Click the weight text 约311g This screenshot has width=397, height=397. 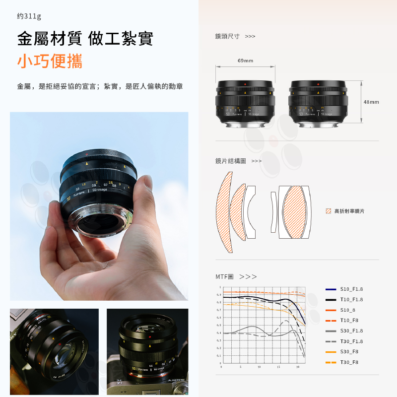pos(29,16)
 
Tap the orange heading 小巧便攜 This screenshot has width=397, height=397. pos(50,61)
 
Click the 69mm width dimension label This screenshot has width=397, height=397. pos(245,61)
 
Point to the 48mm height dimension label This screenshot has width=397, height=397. pos(371,102)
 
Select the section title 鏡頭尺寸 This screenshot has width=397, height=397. pos(227,36)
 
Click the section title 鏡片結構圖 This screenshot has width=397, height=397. pos(230,161)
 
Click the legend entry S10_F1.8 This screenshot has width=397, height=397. pos(351,289)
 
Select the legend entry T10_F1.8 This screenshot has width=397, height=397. pos(351,299)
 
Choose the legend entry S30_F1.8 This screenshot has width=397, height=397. pos(351,331)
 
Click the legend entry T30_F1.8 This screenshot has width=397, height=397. pos(351,341)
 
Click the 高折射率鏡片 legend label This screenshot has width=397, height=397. pos(349,211)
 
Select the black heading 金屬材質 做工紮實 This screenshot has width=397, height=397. pos(85,38)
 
